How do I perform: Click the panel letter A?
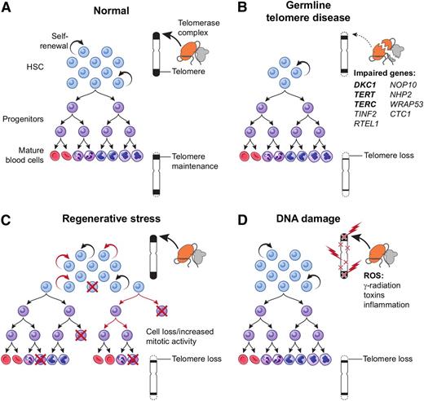(7, 7)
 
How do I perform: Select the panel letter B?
(223, 7)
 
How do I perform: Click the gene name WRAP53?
(391, 118)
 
